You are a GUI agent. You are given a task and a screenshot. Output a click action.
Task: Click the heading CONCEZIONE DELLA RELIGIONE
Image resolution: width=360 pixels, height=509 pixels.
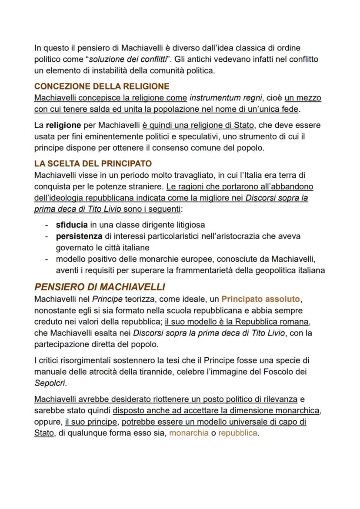102,86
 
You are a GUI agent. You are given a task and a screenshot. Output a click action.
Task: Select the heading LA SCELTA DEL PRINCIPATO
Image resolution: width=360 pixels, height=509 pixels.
93,164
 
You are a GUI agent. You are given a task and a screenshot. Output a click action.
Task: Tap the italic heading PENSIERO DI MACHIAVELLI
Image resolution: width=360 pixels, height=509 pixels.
100,287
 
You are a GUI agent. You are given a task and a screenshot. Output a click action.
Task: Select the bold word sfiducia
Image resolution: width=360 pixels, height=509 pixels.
72,225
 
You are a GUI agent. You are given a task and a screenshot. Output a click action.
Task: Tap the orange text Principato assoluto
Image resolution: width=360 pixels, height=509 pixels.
260,299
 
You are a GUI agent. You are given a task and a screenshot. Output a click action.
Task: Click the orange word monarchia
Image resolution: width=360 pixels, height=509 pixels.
189,433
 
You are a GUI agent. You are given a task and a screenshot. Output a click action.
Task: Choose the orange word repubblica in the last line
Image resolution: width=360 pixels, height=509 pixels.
237,433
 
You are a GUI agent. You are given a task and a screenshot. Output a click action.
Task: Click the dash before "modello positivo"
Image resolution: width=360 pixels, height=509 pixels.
47,259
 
